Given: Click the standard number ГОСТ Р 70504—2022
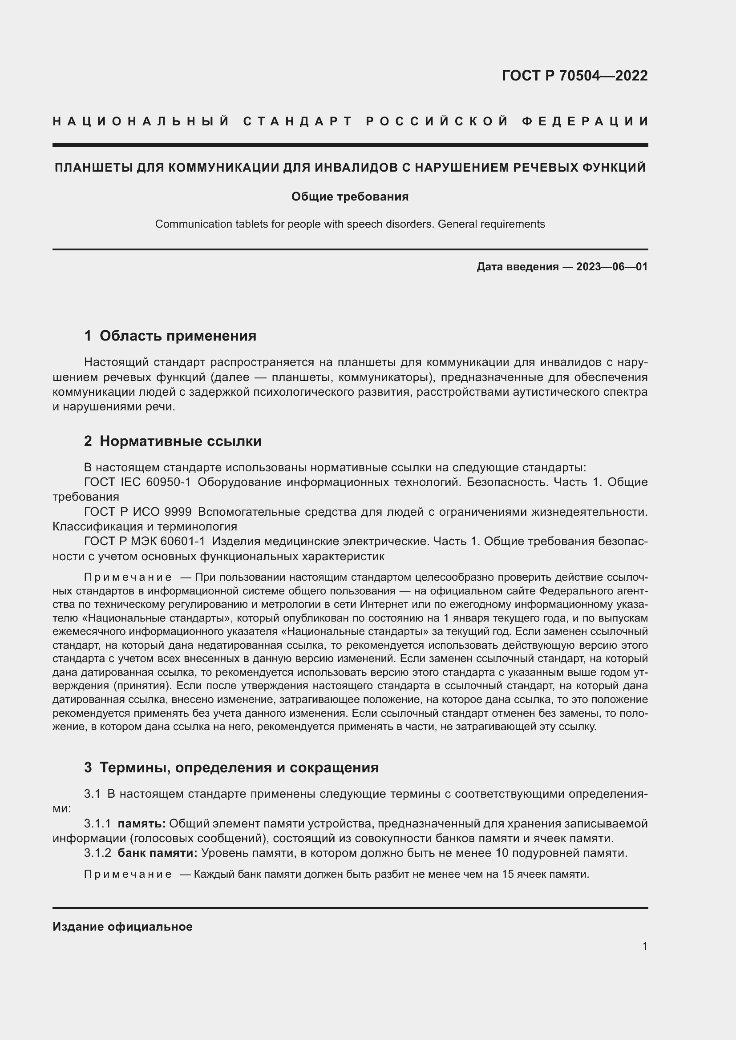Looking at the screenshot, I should pos(574,76).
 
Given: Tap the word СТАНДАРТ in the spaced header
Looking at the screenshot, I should pos(298,121).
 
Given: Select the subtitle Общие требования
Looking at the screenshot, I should pos(350,197).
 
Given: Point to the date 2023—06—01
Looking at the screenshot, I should pos(612,267).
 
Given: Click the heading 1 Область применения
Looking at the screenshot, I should pos(170,336).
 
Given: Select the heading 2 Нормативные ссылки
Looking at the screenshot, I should pos(173,441).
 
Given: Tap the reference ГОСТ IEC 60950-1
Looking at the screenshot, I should pos(138,482).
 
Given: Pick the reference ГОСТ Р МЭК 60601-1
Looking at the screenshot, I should pos(145,541).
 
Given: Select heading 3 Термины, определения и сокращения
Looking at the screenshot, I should pos(231,767).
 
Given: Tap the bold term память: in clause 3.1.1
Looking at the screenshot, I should pos(142,823).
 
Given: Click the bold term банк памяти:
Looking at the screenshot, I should pos(157,853).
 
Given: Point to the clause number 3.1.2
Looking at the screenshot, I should pos(97,853).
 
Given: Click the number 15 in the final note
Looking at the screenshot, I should pos(509,874).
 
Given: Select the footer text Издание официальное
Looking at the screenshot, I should pos(122,927).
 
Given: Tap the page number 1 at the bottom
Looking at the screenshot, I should pos(644,946).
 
